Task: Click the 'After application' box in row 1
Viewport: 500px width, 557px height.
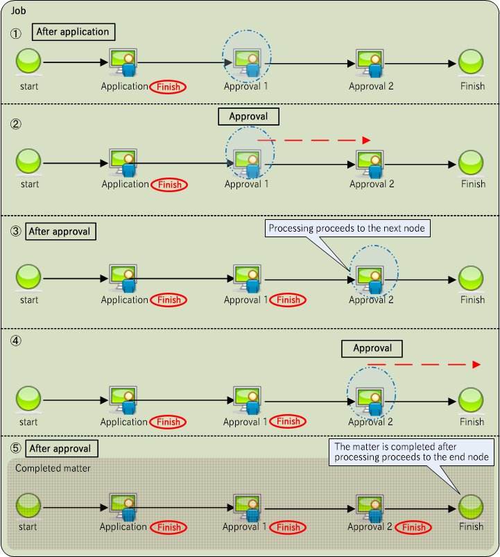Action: click(73, 31)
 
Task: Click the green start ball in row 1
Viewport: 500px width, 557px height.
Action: click(29, 62)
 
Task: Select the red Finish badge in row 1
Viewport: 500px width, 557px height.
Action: click(169, 87)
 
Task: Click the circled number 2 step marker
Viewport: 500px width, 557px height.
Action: click(15, 126)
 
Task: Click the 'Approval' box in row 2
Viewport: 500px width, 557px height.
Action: click(248, 117)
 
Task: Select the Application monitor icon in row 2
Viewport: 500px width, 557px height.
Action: click(123, 162)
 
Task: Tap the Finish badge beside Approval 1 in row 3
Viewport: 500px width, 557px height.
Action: click(288, 300)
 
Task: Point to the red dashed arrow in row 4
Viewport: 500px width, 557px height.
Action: click(423, 364)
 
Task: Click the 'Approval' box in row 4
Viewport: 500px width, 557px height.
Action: click(372, 348)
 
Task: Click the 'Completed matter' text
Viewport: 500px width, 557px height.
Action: click(53, 468)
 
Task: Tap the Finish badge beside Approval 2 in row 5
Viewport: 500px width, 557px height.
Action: click(414, 527)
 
